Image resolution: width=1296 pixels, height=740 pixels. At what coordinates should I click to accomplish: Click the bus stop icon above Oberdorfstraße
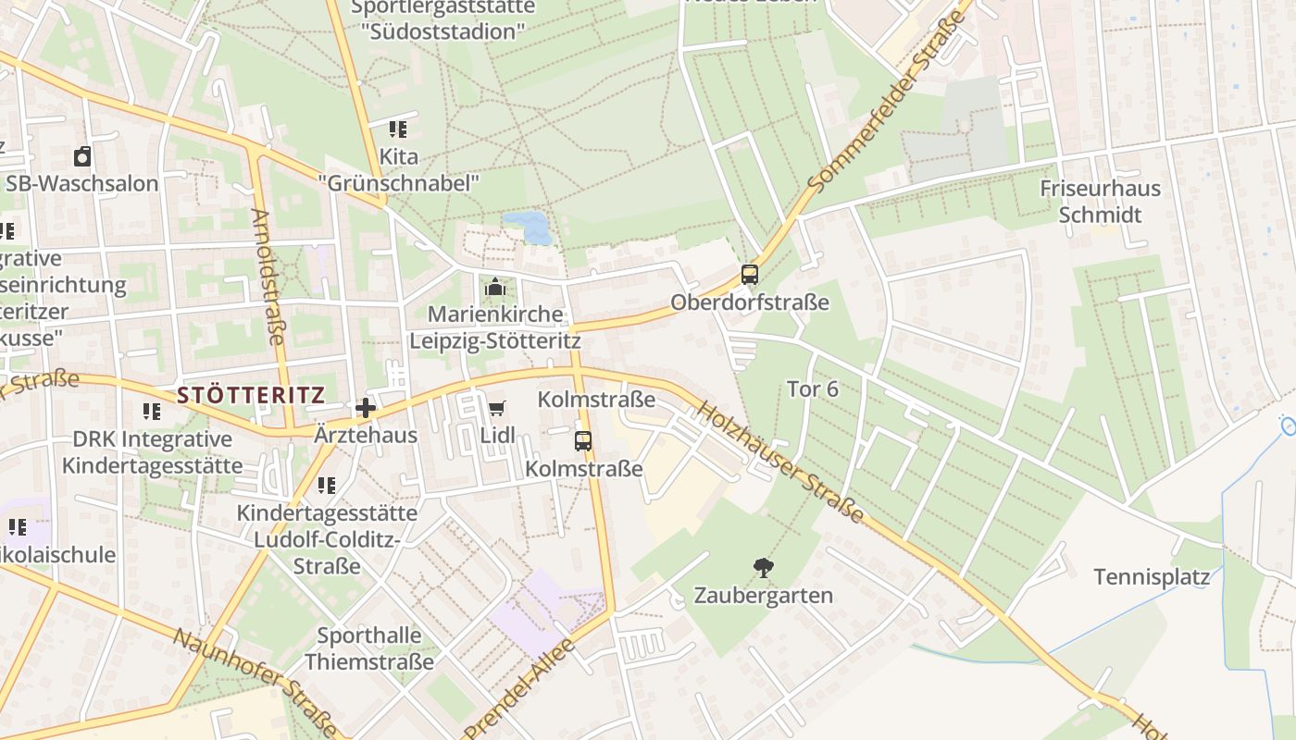tap(749, 274)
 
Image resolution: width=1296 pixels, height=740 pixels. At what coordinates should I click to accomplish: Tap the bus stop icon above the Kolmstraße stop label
tap(582, 441)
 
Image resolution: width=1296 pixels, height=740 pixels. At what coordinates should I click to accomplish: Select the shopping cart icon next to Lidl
tap(497, 408)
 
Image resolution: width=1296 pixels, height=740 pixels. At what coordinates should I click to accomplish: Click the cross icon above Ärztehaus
tap(366, 407)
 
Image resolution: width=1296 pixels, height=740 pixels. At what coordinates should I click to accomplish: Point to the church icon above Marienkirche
tap(495, 287)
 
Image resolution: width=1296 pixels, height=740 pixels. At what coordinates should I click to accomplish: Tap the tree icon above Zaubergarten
tap(764, 567)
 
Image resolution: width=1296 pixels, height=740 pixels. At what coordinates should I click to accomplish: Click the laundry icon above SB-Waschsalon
tap(82, 156)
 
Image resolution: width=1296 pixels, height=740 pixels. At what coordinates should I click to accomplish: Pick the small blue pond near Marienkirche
tap(528, 226)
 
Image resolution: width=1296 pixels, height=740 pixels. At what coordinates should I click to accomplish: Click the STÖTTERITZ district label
tap(250, 396)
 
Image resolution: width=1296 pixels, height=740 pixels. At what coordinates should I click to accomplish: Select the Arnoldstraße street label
tap(267, 276)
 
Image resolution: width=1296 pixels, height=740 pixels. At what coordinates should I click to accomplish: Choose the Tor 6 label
tap(812, 389)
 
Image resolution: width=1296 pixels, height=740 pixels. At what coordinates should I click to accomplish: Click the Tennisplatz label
tap(1152, 577)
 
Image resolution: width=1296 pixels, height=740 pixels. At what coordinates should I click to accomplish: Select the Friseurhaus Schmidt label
tap(1100, 202)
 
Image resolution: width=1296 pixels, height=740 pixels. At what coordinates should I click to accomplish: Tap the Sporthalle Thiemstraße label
tap(368, 648)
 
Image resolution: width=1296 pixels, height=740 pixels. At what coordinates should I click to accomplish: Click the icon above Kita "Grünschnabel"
tap(398, 129)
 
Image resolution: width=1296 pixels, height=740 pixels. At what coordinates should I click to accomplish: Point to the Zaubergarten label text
tap(764, 595)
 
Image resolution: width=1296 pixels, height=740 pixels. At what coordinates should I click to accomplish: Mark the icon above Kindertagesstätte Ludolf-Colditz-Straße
tap(327, 485)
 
